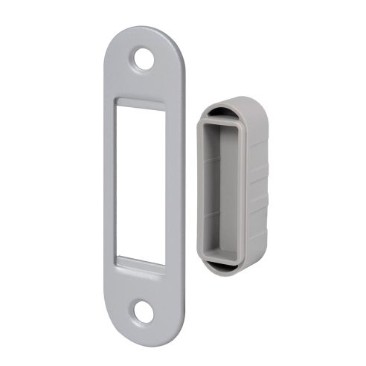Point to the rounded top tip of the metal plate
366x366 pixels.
coord(142,31)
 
